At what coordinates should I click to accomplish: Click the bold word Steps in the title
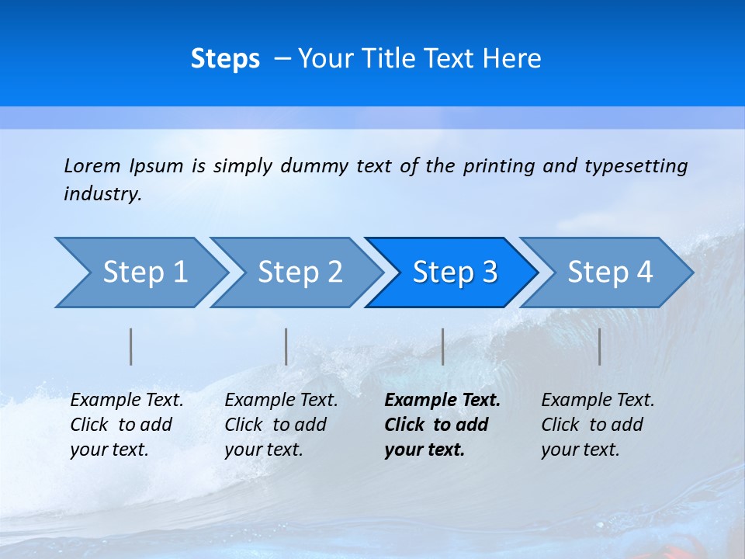[225, 59]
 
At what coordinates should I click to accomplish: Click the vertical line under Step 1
[131, 346]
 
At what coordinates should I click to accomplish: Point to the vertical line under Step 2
[286, 346]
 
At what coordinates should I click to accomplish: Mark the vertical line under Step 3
[442, 346]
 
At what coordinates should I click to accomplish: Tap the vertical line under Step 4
[599, 346]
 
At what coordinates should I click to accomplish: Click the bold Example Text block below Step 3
[442, 425]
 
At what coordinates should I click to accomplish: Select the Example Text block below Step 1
[126, 425]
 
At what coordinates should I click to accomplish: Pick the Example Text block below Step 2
[281, 425]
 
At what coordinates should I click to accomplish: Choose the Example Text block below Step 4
[598, 425]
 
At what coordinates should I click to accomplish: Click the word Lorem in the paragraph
[92, 166]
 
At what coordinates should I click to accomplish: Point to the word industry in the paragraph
[102, 194]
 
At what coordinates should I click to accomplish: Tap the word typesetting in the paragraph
[636, 166]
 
